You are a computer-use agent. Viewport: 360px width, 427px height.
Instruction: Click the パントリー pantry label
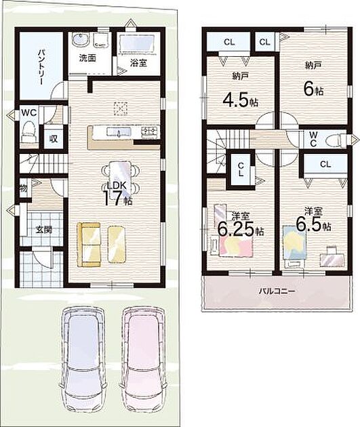pos(41,67)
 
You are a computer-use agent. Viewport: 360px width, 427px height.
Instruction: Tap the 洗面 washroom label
pos(87,58)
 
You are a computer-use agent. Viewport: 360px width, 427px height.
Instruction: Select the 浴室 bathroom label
pos(138,63)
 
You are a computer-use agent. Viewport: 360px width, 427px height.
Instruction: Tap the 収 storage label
pos(54,139)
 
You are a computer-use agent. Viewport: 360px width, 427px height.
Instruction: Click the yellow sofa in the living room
pos(89,244)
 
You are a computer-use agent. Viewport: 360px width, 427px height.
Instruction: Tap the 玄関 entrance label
pos(44,230)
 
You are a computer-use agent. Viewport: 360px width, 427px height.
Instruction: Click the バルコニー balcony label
pos(277,291)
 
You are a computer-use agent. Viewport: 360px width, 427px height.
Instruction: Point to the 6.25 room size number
pos(237,229)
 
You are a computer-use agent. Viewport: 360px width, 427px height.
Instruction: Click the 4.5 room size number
pos(237,100)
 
